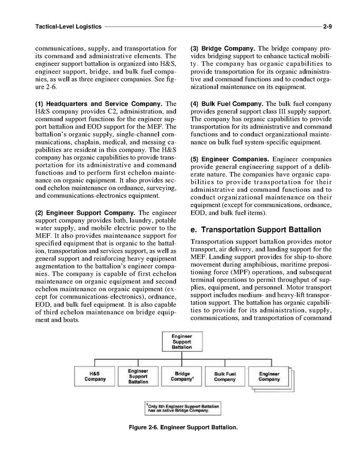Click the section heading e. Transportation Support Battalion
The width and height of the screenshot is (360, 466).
tap(256, 230)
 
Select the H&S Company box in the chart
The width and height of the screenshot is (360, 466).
tap(95, 376)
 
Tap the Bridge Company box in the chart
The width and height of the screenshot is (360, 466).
tap(182, 376)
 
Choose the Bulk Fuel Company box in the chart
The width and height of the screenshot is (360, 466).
tap(225, 377)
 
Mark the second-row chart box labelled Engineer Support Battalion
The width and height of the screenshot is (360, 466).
tap(138, 376)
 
